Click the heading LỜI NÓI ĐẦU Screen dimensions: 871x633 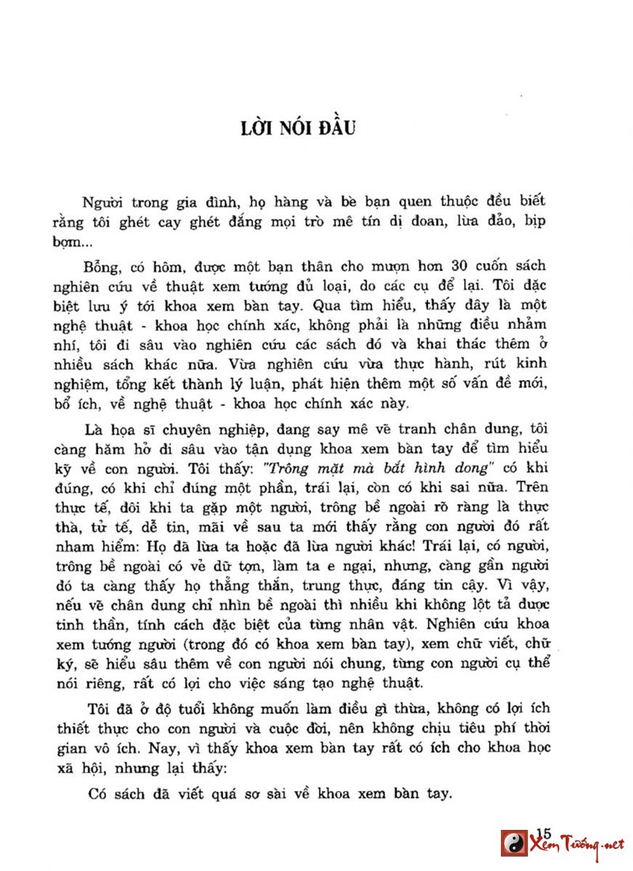pyautogui.click(x=298, y=127)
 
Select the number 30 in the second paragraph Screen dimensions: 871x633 pyautogui.click(x=461, y=264)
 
